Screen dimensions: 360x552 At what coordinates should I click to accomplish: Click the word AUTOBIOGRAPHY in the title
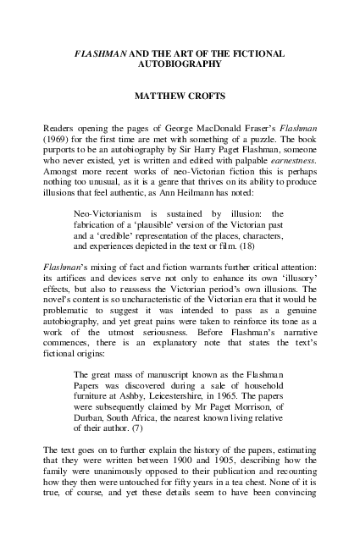point(180,63)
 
